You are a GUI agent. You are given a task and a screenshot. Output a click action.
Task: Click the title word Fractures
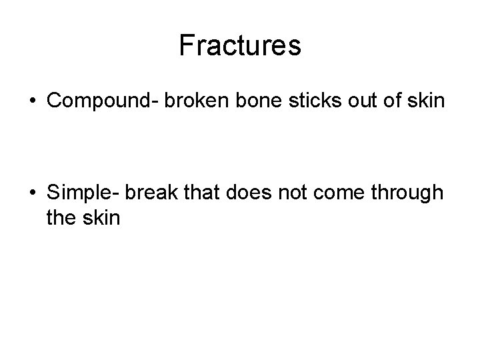pos(240,46)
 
